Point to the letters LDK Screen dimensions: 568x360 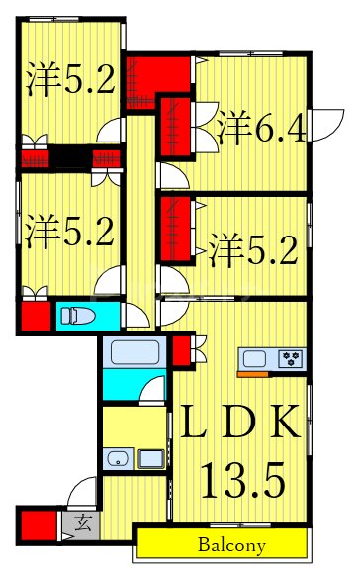[x=238, y=423]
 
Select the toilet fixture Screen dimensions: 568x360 [x=77, y=317]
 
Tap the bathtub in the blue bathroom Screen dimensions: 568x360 [x=131, y=352]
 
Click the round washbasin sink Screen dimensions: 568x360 [x=117, y=458]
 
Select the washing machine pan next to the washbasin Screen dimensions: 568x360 [x=151, y=458]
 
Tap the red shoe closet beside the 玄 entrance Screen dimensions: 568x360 [x=38, y=523]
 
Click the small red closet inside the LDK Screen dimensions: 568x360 [x=181, y=351]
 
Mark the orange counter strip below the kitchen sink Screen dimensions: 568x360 [x=253, y=374]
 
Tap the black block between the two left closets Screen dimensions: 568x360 [x=71, y=157]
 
